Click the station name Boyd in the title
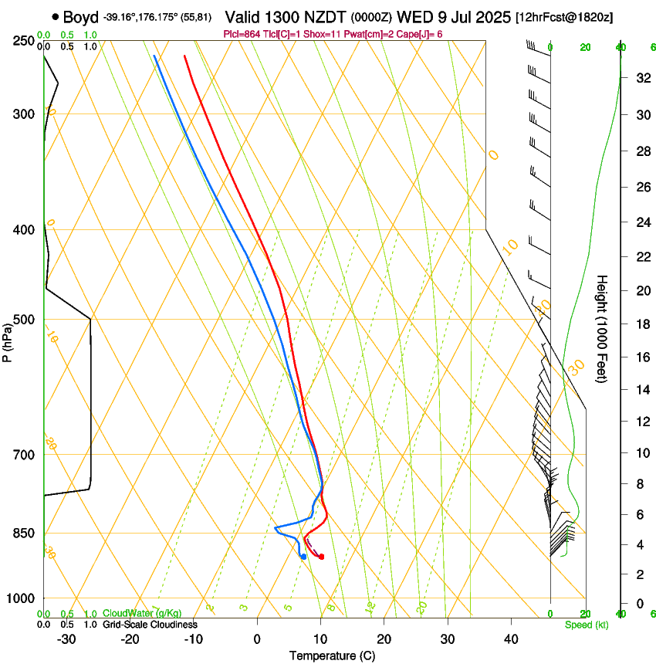click(x=80, y=16)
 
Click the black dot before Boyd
click(x=56, y=16)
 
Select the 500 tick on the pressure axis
click(x=23, y=320)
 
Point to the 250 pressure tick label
click(x=23, y=40)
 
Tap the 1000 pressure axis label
click(x=20, y=598)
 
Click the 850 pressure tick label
click(x=23, y=534)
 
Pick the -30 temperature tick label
click(x=66, y=639)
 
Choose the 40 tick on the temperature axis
click(x=511, y=639)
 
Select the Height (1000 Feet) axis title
click(x=602, y=328)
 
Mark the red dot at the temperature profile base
click(x=321, y=557)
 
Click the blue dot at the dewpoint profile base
click(x=303, y=557)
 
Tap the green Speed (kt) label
click(x=586, y=625)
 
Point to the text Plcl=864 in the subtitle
click(x=240, y=34)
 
